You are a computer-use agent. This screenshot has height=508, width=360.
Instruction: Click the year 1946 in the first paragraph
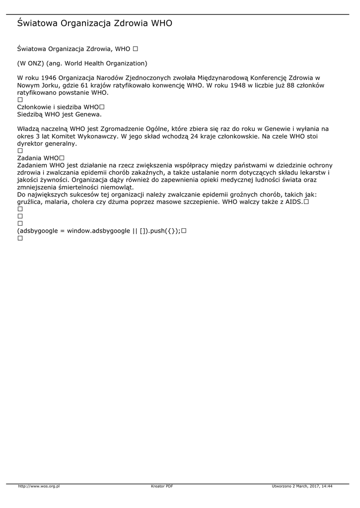coord(49,78)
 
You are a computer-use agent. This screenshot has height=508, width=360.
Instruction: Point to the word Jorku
coord(48,85)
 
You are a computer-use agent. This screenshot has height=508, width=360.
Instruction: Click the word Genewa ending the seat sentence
coord(90,114)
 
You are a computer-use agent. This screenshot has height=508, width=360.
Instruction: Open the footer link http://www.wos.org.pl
coord(39,487)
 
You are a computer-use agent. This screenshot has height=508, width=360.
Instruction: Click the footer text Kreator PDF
coord(162,487)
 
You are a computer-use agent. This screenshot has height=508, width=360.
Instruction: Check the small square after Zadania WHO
coord(62,158)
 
